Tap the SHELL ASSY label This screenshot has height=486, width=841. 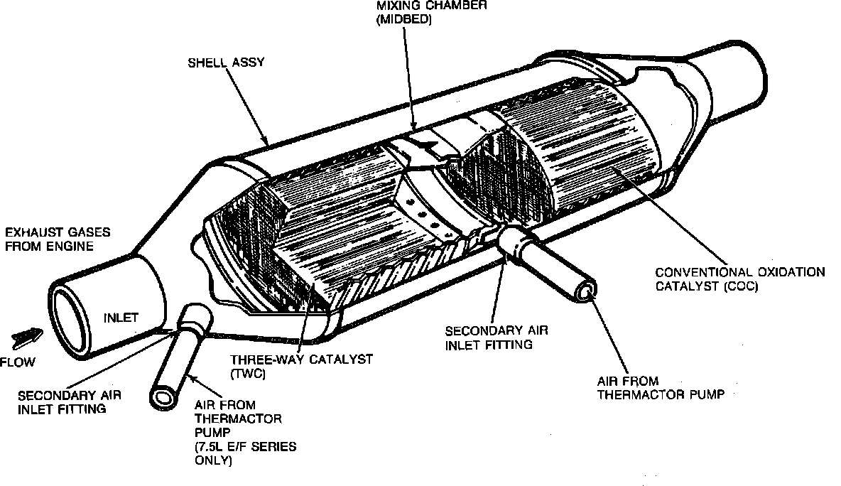pyautogui.click(x=226, y=63)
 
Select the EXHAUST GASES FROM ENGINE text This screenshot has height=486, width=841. pyautogui.click(x=50, y=239)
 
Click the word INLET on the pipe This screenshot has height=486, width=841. pyautogui.click(x=121, y=318)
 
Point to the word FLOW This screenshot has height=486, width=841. pyautogui.click(x=18, y=362)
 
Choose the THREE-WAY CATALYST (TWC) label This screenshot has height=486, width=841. pyautogui.click(x=301, y=366)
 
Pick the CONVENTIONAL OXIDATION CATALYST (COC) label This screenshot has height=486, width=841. pyautogui.click(x=739, y=279)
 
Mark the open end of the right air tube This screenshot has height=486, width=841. pyautogui.click(x=587, y=291)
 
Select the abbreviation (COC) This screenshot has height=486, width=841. pyautogui.click(x=739, y=287)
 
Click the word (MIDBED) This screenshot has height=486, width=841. pyautogui.click(x=403, y=21)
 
